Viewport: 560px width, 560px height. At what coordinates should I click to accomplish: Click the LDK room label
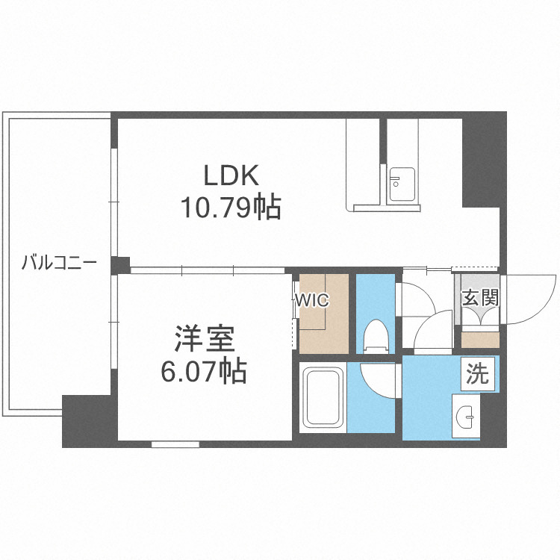click(x=232, y=176)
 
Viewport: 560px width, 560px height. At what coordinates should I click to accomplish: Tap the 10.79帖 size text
click(x=229, y=207)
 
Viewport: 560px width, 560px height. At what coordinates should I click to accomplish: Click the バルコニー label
click(x=57, y=263)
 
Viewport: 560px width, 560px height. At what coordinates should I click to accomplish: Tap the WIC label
click(x=311, y=300)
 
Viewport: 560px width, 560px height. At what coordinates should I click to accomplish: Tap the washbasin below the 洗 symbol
click(x=467, y=417)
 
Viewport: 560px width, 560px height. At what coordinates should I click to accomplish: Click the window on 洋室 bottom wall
click(x=175, y=444)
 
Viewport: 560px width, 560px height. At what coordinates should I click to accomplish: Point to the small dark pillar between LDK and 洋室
click(x=119, y=264)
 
